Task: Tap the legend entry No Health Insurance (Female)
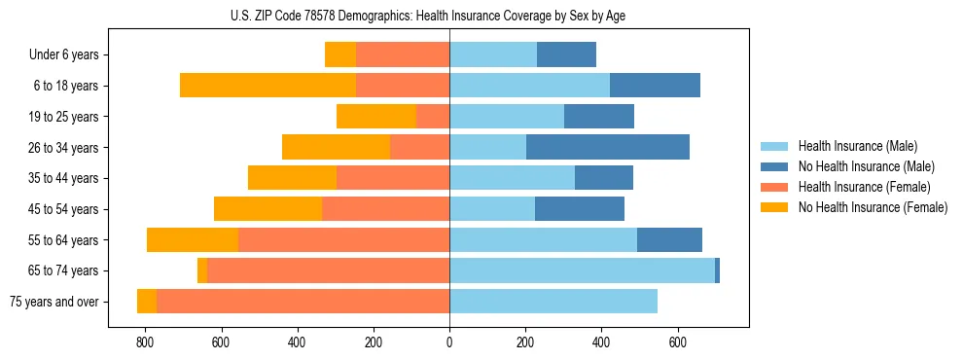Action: (x=872, y=207)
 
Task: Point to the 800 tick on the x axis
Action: (x=145, y=342)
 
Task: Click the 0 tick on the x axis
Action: (x=449, y=342)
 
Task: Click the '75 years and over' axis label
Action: (x=53, y=302)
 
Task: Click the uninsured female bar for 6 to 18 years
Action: (x=267, y=86)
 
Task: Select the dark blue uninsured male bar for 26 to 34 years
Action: (x=608, y=147)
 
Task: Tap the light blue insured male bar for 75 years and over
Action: (x=553, y=302)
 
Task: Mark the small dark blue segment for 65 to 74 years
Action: (x=717, y=270)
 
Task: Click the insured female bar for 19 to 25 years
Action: (x=433, y=117)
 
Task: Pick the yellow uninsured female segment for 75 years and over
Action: (x=147, y=302)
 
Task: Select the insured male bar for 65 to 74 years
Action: (x=582, y=270)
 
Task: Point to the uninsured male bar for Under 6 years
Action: (x=566, y=55)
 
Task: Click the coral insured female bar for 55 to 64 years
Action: (x=343, y=240)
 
